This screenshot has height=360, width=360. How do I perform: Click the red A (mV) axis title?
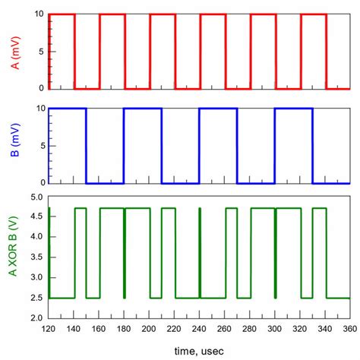(x=15, y=51)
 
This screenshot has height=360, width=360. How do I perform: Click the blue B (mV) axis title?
(x=15, y=146)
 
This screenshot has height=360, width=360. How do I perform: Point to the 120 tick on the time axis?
(x=49, y=329)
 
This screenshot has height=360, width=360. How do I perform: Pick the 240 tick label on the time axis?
(x=199, y=329)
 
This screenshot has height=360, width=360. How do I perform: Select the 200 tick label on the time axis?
(x=149, y=329)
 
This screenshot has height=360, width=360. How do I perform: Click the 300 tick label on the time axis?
(x=274, y=329)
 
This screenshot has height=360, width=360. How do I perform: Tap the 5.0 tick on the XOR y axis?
(x=35, y=197)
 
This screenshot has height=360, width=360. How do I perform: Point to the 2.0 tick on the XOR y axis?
(x=35, y=318)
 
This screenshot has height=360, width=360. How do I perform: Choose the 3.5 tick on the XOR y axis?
(x=35, y=258)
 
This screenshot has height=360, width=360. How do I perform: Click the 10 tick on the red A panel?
(x=38, y=14)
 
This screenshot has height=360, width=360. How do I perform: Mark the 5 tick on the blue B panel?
(x=40, y=146)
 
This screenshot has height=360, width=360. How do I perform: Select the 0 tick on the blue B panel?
(x=40, y=183)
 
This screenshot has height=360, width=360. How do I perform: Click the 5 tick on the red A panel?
(x=40, y=51)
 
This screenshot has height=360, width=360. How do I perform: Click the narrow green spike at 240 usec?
(x=199, y=251)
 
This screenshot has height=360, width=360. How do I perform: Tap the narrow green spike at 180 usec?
(x=124, y=251)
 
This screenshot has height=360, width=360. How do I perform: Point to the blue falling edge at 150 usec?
(x=86, y=146)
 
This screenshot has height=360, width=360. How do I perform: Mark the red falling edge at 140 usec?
(x=74, y=51)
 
